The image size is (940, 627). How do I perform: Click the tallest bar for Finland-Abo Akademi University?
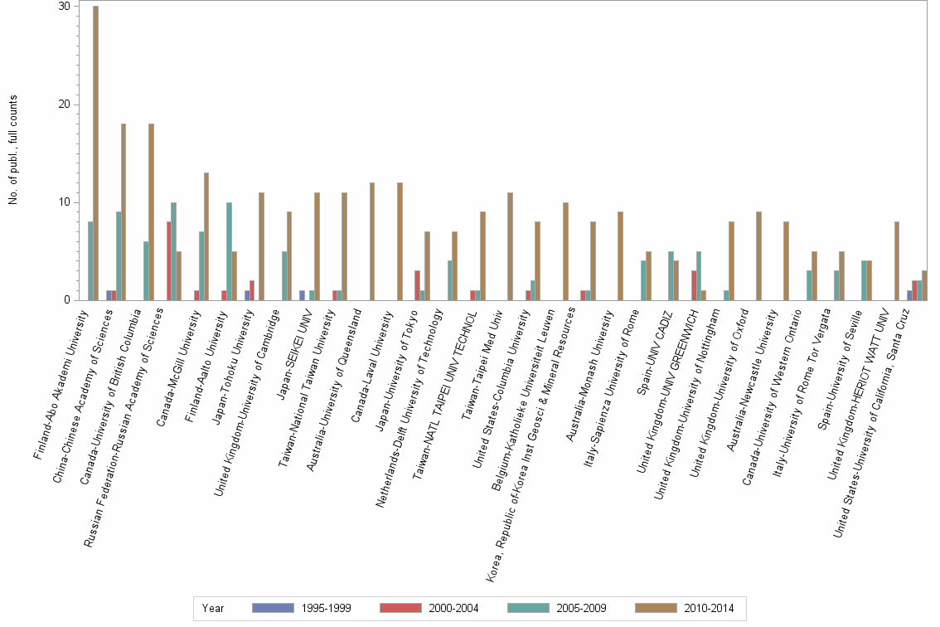tap(96, 153)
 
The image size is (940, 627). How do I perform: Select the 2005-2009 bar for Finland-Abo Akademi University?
tap(90, 261)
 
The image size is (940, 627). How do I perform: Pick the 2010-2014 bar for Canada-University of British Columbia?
tap(151, 212)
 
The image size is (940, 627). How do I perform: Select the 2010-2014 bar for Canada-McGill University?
tap(206, 236)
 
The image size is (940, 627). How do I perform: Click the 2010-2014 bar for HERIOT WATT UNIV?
tap(897, 261)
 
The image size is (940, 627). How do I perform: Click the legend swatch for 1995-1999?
tap(273, 608)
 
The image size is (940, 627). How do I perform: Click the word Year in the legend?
tap(212, 608)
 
